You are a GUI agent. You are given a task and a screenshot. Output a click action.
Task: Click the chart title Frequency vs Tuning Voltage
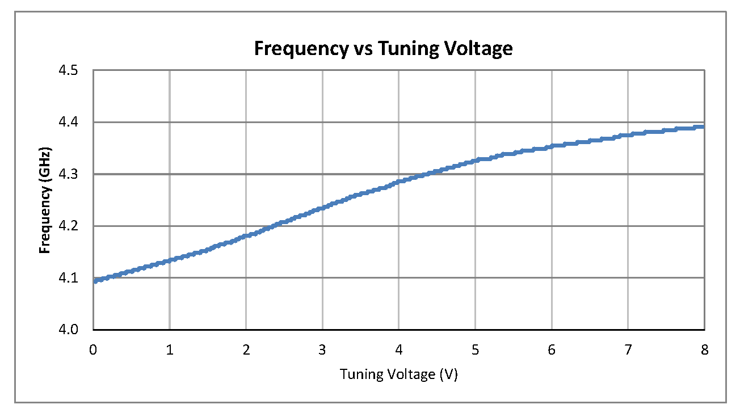383,49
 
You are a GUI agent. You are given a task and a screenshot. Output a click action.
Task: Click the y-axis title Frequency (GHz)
45,200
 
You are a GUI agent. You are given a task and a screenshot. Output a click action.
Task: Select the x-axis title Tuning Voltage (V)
398,374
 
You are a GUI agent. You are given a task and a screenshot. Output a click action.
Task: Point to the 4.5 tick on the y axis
72,71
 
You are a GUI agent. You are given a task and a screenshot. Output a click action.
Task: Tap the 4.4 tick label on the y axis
72,123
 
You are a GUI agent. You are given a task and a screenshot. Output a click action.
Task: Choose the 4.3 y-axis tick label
72,175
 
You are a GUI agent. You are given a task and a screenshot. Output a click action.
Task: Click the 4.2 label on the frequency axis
72,226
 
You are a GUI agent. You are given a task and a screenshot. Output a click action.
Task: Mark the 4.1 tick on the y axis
72,279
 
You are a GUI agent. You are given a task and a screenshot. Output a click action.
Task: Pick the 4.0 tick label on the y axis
72,330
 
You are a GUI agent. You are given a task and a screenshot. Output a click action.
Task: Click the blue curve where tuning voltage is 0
94,280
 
